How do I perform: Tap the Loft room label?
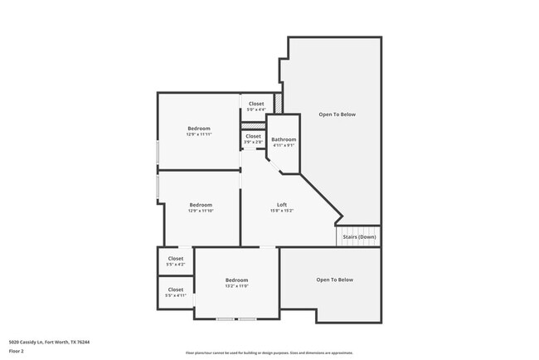point(282,204)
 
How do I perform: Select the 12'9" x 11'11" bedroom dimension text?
point(199,134)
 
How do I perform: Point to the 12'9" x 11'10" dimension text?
point(200,211)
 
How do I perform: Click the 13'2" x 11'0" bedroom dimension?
point(236,286)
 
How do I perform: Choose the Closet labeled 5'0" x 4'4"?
point(256,104)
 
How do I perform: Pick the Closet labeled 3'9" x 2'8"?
point(253,136)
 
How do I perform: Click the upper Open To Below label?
point(337,114)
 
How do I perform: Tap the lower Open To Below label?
point(334,280)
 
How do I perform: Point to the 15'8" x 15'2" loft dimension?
point(282,211)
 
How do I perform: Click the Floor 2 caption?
point(17,351)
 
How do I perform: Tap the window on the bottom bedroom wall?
point(236,319)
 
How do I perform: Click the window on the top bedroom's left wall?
point(158,154)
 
